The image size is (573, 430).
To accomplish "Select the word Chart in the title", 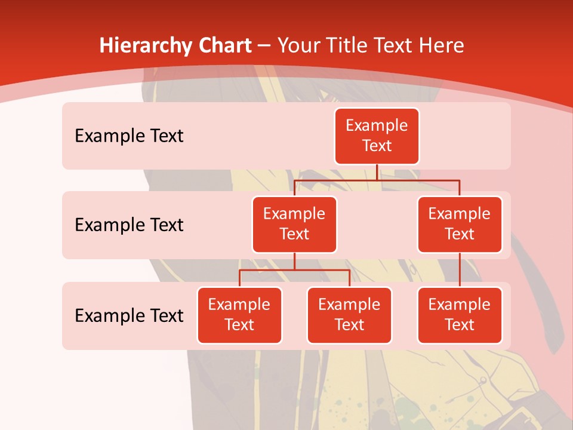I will tap(223, 46).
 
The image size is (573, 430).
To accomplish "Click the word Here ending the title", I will tap(442, 46).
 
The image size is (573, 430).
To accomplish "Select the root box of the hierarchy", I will tap(377, 136).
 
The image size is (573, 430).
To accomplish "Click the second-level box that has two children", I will tap(294, 224).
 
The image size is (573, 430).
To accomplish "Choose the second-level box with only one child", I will tap(460, 224).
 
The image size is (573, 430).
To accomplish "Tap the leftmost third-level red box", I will tap(239, 315).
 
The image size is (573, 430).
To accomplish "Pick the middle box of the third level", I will tap(349, 315).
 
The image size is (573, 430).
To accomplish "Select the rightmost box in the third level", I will tap(460, 315).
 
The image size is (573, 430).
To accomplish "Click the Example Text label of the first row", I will tap(129, 136).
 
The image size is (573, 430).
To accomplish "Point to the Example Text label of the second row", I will tap(129, 225).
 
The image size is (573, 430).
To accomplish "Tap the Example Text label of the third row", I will tap(129, 315).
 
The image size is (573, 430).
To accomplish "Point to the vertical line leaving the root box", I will tap(377, 172).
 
